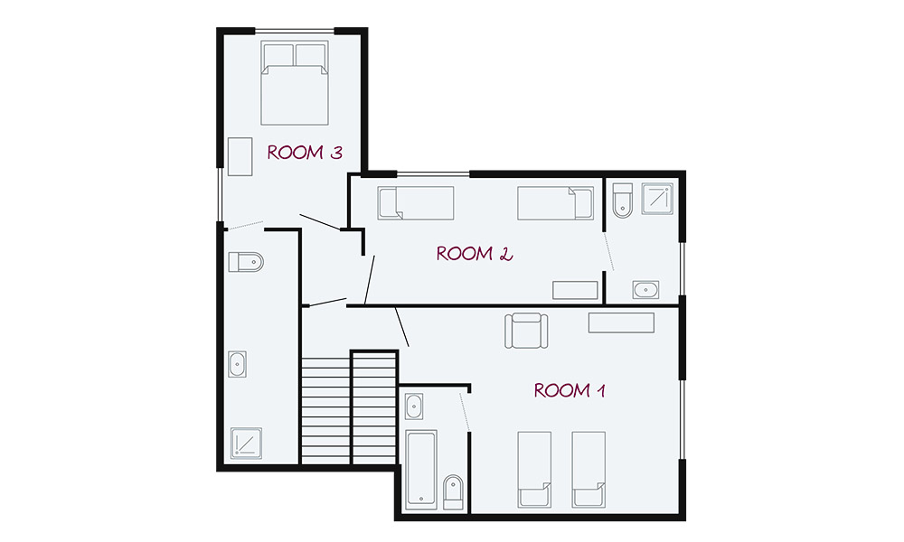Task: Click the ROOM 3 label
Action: click(x=305, y=153)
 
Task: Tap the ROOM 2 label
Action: click(x=474, y=254)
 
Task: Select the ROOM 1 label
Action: click(x=569, y=390)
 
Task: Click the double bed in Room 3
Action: click(x=295, y=83)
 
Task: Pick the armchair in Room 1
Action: click(x=526, y=331)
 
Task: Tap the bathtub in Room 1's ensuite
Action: click(x=421, y=470)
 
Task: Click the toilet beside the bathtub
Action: click(x=453, y=492)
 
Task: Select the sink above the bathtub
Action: click(x=414, y=406)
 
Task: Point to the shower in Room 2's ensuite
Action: click(x=658, y=199)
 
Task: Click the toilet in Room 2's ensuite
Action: click(x=623, y=201)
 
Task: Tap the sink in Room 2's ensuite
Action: click(x=645, y=290)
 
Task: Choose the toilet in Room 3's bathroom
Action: click(x=246, y=262)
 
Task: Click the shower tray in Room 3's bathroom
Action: click(x=246, y=444)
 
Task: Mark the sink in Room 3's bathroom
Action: click(x=237, y=364)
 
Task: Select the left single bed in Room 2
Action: click(x=416, y=202)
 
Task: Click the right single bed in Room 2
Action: click(x=555, y=202)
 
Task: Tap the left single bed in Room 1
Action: click(x=534, y=470)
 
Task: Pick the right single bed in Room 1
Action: click(x=589, y=470)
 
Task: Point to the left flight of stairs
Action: click(x=325, y=410)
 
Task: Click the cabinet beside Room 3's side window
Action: click(x=240, y=156)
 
